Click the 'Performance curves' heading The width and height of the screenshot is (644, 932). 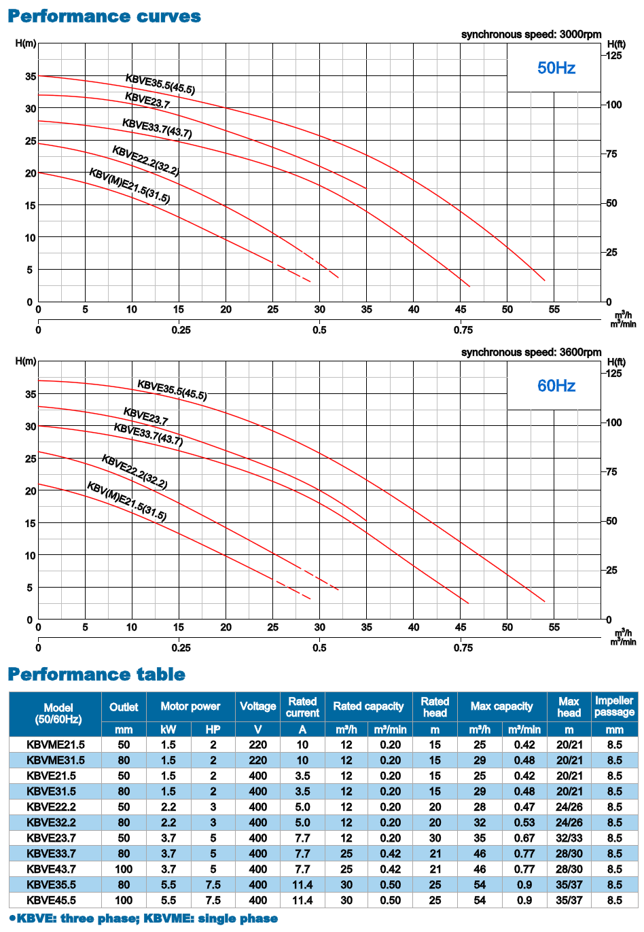104,16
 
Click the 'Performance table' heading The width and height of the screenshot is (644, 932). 96,674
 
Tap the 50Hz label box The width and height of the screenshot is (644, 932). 556,68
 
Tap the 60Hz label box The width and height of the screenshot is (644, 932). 556,386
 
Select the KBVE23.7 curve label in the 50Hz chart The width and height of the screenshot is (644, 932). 147,100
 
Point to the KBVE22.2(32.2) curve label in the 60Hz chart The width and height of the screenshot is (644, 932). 135,471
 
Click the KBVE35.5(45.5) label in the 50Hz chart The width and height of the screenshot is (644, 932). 160,84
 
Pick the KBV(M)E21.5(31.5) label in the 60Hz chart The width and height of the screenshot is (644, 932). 127,501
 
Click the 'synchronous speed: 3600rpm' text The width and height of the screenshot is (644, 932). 531,352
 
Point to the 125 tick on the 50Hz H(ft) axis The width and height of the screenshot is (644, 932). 613,56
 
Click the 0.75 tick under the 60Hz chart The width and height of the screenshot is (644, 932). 463,647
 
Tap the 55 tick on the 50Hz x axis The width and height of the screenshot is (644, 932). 554,310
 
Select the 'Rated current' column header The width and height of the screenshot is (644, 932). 302,706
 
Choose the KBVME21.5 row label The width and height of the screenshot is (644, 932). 56,745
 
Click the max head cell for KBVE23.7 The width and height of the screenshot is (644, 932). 569,838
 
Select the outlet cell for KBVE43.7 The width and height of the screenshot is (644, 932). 124,869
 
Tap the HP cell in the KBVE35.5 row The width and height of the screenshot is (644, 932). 213,884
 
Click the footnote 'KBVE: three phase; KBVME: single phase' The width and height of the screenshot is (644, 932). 143,918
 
